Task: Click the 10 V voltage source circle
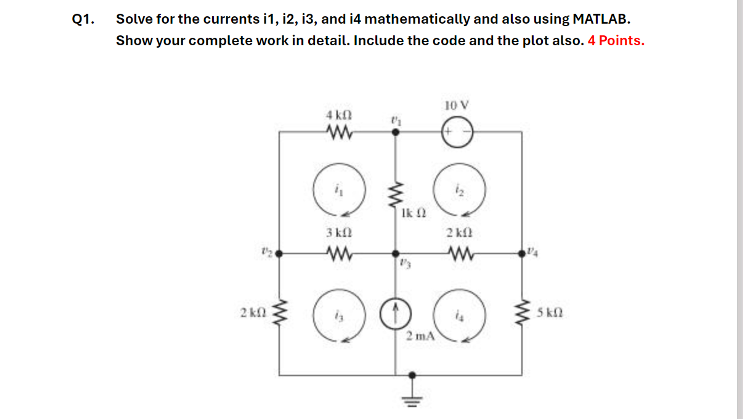457,132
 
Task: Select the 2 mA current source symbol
396,314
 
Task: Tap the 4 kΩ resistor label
339,115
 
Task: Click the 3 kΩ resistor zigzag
339,253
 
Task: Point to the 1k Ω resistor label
414,213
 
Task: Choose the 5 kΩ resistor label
550,313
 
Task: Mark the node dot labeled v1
396,132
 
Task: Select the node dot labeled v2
279,254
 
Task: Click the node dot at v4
522,254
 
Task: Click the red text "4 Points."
616,40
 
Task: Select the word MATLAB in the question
601,19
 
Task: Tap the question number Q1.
83,19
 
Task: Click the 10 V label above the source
457,106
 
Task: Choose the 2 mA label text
420,336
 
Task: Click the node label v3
405,264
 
